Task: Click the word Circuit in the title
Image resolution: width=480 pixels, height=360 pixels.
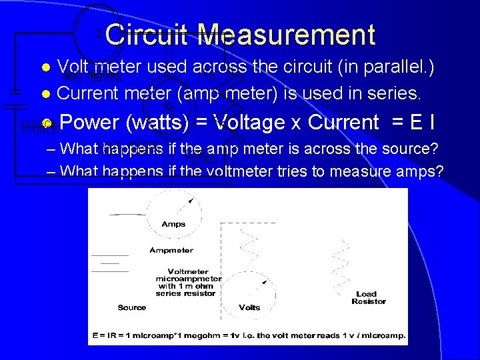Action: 147,35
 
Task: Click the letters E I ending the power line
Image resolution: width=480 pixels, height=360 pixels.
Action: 422,123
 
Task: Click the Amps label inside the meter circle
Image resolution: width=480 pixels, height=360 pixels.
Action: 173,225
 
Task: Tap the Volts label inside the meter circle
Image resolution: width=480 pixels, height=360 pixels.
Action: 249,307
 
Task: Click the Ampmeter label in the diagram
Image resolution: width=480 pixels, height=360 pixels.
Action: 171,251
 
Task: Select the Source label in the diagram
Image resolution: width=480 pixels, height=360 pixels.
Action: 131,307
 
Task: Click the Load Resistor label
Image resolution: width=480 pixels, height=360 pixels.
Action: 368,297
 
